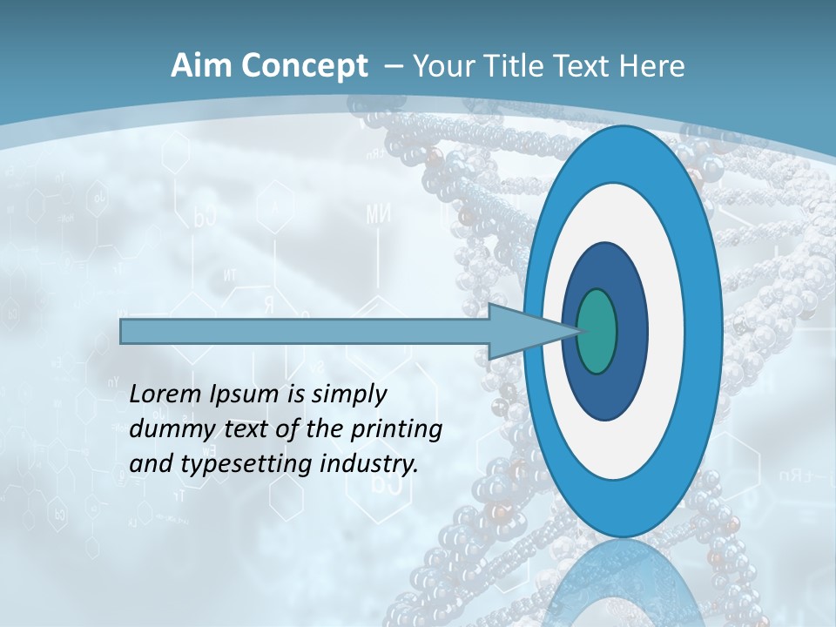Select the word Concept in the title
[306, 66]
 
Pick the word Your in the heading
[446, 66]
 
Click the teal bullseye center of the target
[597, 331]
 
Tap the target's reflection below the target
[623, 583]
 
